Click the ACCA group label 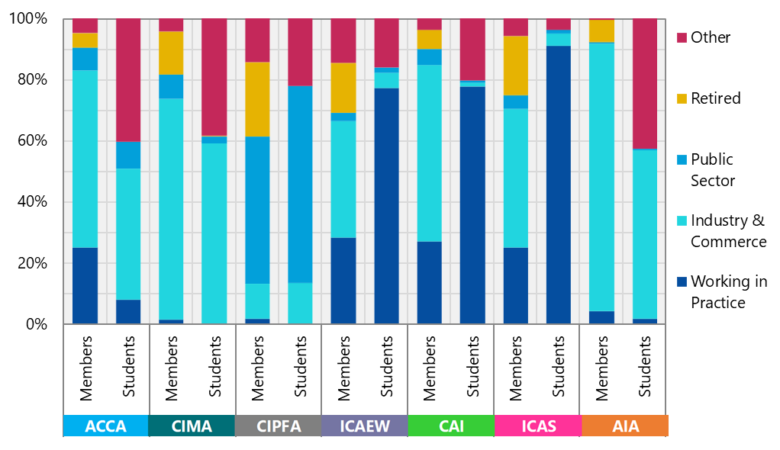click(105, 426)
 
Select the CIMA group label click(192, 426)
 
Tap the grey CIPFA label click(278, 426)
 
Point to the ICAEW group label click(364, 426)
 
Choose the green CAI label click(451, 426)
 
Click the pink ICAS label click(537, 426)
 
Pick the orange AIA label click(624, 426)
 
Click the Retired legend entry click(715, 98)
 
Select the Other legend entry click(710, 37)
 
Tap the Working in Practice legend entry click(728, 292)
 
